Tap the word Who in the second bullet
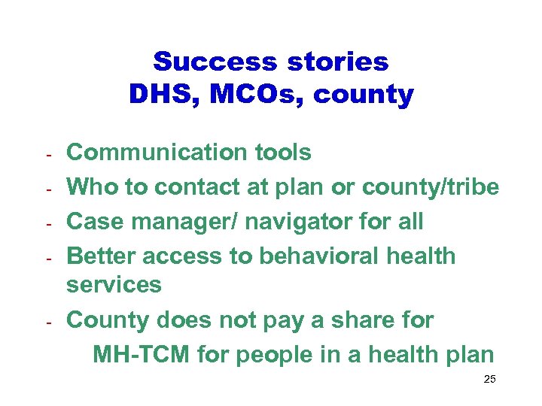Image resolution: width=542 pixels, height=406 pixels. point(91,187)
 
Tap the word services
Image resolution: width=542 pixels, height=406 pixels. point(114,285)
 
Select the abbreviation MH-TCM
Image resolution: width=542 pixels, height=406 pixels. point(142,354)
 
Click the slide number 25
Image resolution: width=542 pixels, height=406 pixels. point(489,380)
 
